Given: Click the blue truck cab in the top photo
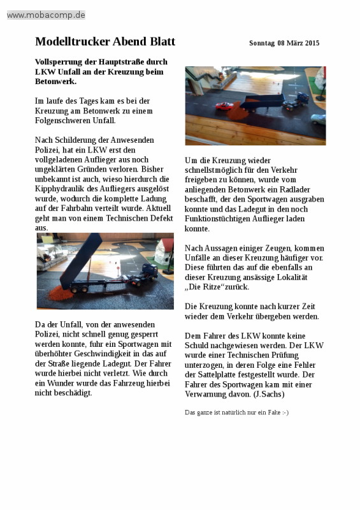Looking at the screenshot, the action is (302, 99).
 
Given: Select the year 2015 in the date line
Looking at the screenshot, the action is (312, 43).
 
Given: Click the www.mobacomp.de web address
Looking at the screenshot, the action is (46, 15).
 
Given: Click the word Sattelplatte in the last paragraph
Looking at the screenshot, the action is (218, 374).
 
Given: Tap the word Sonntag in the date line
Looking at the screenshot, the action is (262, 43).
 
